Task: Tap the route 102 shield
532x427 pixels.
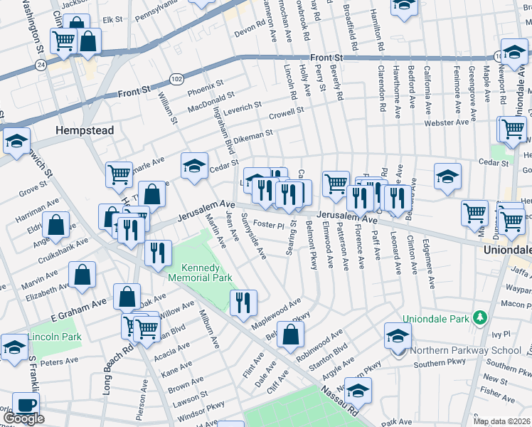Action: coord(176,78)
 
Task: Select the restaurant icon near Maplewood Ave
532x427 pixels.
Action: coord(243,302)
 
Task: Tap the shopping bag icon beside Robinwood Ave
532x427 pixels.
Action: coord(291,334)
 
